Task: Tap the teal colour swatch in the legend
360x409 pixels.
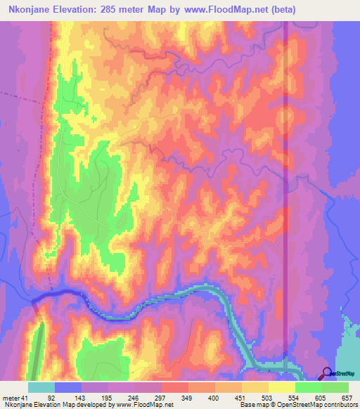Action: coord(41,387)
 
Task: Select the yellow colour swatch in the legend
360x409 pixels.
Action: coord(281,387)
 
